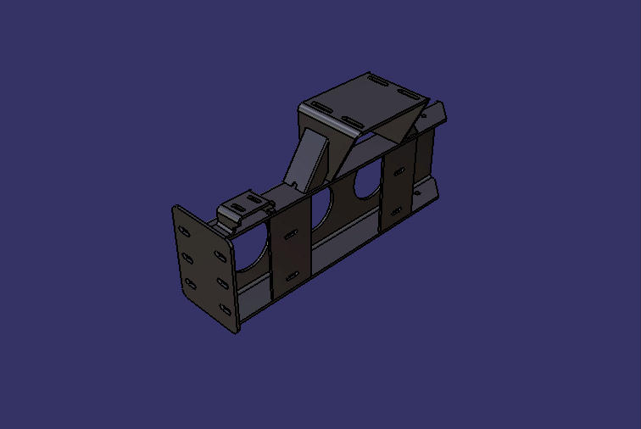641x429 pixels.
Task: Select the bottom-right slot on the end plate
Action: coord(225,309)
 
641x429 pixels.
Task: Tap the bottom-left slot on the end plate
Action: coord(189,284)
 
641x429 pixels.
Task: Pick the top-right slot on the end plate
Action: coord(218,252)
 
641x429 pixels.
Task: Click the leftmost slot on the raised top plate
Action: coord(320,106)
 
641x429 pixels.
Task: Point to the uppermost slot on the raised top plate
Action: coord(373,79)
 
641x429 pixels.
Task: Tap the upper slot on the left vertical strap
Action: coord(290,233)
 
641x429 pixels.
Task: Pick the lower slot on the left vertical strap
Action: coord(293,276)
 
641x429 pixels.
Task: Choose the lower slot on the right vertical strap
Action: coord(397,210)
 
